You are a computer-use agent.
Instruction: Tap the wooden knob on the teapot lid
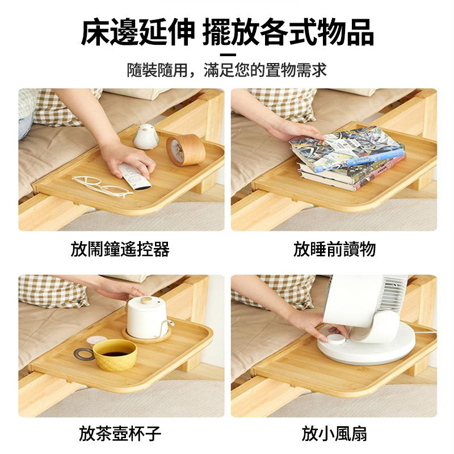point(147,299)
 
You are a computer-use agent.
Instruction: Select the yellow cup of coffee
point(115,355)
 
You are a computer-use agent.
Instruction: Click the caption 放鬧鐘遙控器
point(120,249)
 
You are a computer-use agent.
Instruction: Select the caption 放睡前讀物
point(334,249)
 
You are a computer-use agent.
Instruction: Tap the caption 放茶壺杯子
point(120,435)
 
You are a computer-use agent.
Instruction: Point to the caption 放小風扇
point(334,435)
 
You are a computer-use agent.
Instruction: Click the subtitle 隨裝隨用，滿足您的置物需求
point(227,71)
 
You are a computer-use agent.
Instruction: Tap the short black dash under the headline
point(227,54)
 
